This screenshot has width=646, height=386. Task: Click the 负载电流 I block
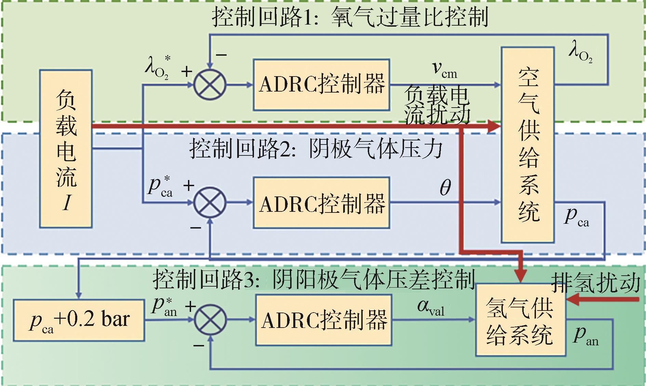tap(66, 149)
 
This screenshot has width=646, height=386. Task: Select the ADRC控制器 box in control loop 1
tap(321, 84)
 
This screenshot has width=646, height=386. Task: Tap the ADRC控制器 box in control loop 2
tap(321, 203)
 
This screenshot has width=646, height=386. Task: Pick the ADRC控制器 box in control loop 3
tap(323, 320)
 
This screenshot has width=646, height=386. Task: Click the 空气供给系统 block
tap(527, 145)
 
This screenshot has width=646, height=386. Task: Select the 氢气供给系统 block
tap(520, 320)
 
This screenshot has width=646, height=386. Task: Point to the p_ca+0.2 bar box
tap(79, 320)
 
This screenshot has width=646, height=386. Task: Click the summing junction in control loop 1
tap(210, 84)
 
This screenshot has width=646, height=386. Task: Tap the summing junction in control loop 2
tap(210, 203)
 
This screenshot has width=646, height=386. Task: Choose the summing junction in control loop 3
tap(210, 320)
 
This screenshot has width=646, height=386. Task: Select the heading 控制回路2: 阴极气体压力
tap(316, 149)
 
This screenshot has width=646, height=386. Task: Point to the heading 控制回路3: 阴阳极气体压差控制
tap(313, 279)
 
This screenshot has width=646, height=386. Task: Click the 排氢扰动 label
tap(596, 283)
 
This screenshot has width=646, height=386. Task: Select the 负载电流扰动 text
tap(437, 105)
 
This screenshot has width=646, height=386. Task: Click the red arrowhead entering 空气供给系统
tap(494, 126)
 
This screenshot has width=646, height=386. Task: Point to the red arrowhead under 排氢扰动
tap(573, 300)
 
